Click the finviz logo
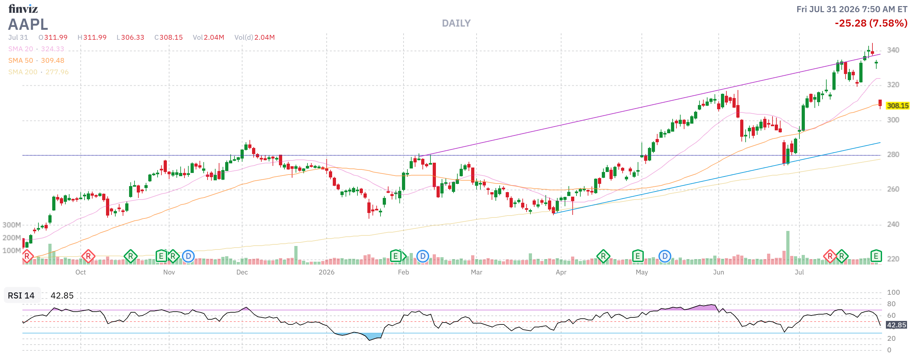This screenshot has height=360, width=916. [23, 9]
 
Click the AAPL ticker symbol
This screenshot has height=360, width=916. [28, 24]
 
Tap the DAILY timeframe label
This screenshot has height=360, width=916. [456, 23]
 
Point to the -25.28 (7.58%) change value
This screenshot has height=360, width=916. [871, 23]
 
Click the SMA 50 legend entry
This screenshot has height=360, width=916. [36, 61]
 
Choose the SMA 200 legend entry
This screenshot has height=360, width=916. [38, 72]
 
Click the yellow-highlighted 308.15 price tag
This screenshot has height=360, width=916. [897, 106]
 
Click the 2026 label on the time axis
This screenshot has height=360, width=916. [326, 272]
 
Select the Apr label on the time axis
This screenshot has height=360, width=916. [561, 272]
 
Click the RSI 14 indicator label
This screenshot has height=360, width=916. [21, 296]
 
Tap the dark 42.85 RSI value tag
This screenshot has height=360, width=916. [896, 325]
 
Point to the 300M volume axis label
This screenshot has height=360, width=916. [12, 225]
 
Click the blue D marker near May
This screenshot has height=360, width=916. [665, 256]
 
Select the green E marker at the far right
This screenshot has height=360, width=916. [876, 256]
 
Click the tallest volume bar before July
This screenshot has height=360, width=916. [788, 248]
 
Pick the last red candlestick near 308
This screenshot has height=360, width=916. [880, 103]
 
